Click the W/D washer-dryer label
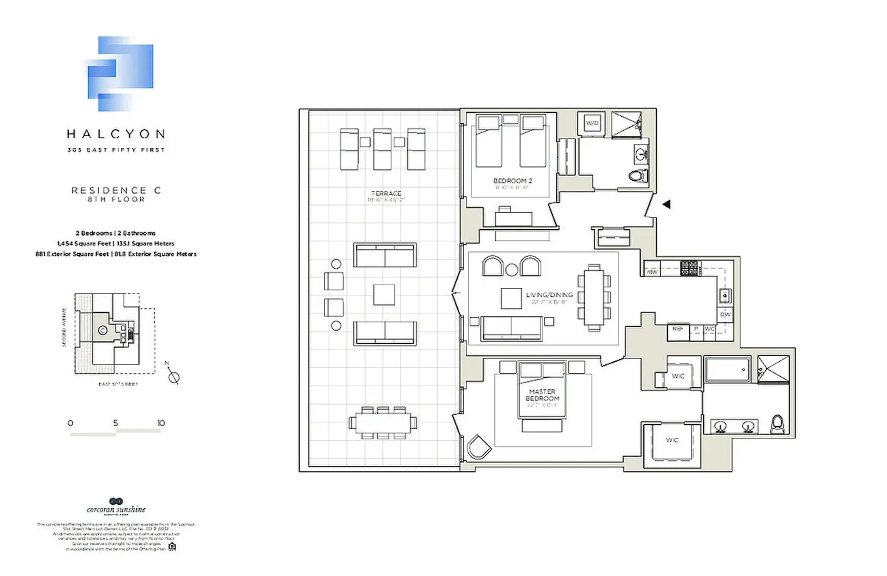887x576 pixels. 592,123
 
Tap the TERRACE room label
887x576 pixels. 386,193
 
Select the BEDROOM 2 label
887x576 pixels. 512,181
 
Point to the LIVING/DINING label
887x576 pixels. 549,295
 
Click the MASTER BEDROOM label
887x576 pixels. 542,395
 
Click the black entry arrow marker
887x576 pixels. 666,204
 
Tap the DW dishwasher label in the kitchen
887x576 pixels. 725,314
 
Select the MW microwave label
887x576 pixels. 652,272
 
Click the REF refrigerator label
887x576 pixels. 677,329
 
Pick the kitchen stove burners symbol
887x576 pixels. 689,268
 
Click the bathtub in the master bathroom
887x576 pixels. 727,369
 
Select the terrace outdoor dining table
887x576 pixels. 383,423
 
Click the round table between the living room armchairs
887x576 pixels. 512,270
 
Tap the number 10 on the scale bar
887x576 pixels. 161,423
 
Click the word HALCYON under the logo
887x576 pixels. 116,134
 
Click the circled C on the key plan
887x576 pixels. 102,330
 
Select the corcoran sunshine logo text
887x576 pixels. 116,509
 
